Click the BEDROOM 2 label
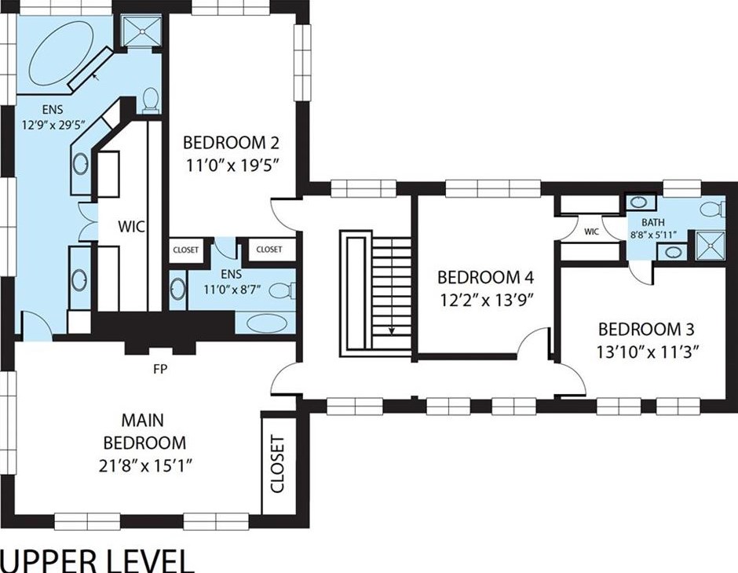coord(231,142)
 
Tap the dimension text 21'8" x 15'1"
coord(146,465)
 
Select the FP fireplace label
coord(160,369)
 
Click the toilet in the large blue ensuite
coord(151,100)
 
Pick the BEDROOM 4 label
coord(486,277)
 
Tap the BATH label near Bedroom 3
coord(653,222)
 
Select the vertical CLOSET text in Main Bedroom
coord(278,465)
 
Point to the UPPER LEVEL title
coord(97,560)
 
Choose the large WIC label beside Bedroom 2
coord(131,226)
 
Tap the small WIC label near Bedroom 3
coord(592,232)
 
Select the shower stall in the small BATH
coord(711,245)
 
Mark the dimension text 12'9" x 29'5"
coord(53,125)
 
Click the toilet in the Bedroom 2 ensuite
coord(282,290)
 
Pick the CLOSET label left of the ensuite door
coord(186,250)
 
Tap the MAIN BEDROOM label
coord(144,432)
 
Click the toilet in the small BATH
coord(713,209)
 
